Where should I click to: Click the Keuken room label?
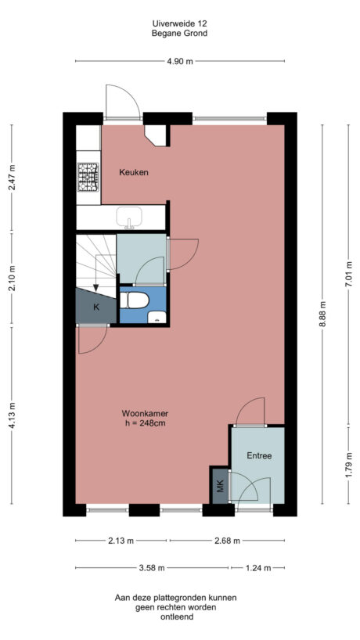[133, 172]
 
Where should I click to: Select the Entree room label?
[259, 455]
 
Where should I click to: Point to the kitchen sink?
[130, 217]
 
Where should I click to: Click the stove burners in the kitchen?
[88, 176]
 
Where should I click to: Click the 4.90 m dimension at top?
[179, 62]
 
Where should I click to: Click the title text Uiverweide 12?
[179, 23]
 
